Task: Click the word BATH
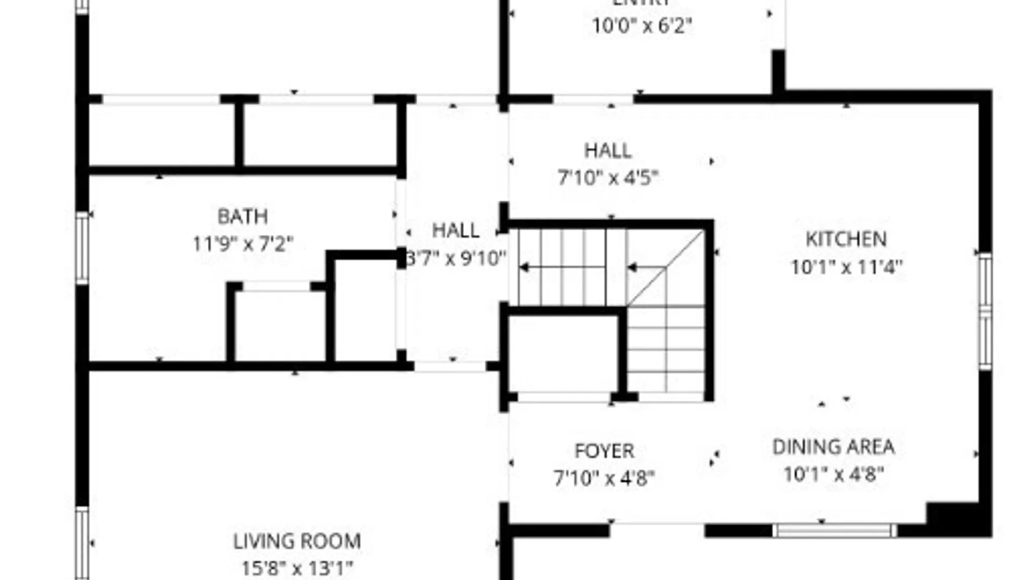[242, 216]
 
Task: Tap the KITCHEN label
[846, 239]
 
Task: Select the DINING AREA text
[833, 447]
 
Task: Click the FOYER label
[604, 451]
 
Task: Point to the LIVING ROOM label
[297, 541]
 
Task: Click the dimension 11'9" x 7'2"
[243, 244]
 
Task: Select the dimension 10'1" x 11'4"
[846, 267]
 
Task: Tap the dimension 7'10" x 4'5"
[608, 177]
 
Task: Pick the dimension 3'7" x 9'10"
[455, 259]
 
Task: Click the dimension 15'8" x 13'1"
[297, 568]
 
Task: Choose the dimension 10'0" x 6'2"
[642, 25]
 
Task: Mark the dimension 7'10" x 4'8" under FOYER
[604, 477]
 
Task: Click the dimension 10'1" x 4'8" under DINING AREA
[833, 474]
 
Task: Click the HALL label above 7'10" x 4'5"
[607, 150]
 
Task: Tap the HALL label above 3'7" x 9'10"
[455, 231]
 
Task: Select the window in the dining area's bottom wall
[834, 531]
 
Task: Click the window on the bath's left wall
[82, 248]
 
